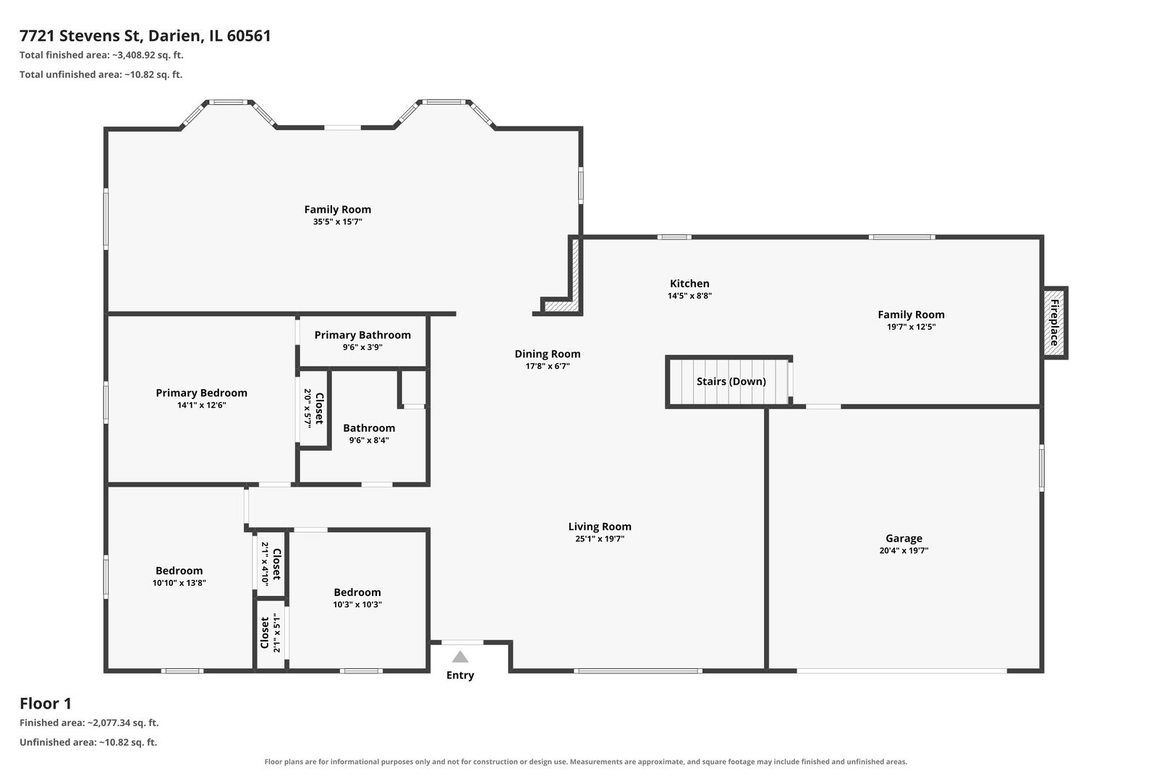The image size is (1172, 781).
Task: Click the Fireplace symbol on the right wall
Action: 1054,323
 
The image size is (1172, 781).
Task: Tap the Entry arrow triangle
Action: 460,657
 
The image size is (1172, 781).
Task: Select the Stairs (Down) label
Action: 731,381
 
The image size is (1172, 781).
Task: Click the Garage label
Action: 904,538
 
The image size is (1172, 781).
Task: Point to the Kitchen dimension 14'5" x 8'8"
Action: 689,296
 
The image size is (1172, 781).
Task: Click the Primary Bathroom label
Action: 362,335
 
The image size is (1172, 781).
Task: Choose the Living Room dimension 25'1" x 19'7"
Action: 600,539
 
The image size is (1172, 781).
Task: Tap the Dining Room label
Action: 547,354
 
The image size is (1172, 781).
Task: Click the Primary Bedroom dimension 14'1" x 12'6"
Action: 201,405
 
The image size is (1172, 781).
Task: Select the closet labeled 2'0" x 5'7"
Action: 313,409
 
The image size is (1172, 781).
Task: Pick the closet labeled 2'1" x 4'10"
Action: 271,563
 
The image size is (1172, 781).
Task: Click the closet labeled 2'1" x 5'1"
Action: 271,633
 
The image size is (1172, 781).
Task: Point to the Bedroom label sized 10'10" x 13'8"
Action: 179,570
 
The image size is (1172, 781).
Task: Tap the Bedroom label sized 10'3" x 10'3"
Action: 357,592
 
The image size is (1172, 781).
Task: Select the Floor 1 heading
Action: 46,704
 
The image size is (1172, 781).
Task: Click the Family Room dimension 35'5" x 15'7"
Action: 337,222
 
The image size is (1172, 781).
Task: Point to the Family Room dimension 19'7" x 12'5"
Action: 911,327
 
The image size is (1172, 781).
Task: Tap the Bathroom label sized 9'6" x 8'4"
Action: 369,428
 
